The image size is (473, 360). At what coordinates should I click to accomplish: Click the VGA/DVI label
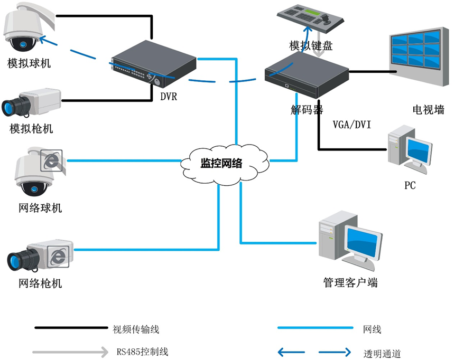coord(352,125)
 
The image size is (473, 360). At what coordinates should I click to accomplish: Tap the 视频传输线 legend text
coord(136,329)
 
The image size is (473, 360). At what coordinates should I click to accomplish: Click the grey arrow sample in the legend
coord(69,352)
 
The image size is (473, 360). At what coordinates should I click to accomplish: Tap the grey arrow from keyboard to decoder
coord(318,52)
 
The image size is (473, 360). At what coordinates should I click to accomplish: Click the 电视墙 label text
coord(428,110)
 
